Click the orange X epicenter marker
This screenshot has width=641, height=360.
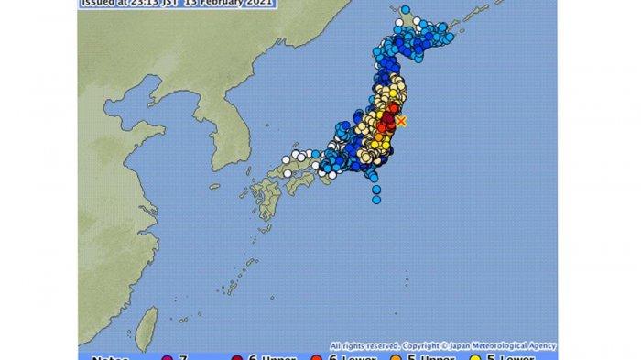tap(400, 122)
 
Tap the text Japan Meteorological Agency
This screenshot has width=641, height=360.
tap(502, 345)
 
